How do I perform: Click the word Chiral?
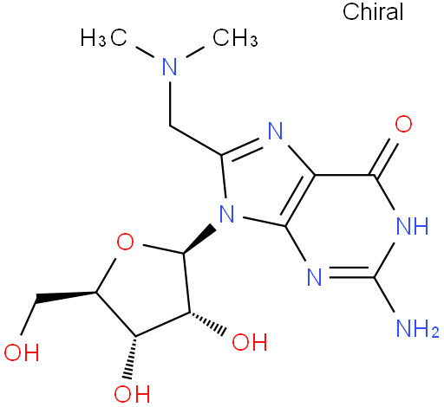tap(373, 12)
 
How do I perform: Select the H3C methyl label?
tap(104, 37)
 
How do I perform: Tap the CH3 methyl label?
tap(235, 37)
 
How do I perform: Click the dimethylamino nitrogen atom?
tap(170, 67)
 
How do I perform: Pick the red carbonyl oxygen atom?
tap(403, 124)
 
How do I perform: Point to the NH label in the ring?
tap(412, 226)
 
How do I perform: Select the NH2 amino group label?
tap(417, 328)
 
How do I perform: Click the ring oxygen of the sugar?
tap(125, 242)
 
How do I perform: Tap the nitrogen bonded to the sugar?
tap(226, 213)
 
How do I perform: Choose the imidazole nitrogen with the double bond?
tap(275, 131)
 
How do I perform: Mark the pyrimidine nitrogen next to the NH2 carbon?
tap(314, 277)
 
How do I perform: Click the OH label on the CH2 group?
tap(22, 352)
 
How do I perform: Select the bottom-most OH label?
tap(132, 393)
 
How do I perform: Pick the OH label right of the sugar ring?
tap(250, 342)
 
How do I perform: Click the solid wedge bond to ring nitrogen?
tap(199, 239)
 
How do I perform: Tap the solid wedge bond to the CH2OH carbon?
tap(66, 297)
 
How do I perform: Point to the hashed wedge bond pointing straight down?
tap(131, 358)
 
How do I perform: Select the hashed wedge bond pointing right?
tap(207, 324)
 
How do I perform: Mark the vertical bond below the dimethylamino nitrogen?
tap(170, 104)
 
